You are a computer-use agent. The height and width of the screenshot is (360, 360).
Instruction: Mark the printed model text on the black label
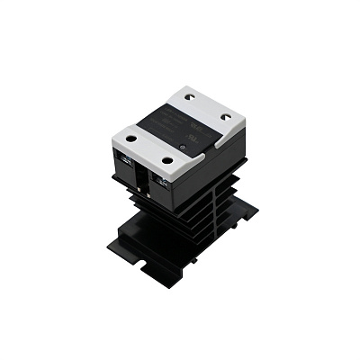click(173, 126)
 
